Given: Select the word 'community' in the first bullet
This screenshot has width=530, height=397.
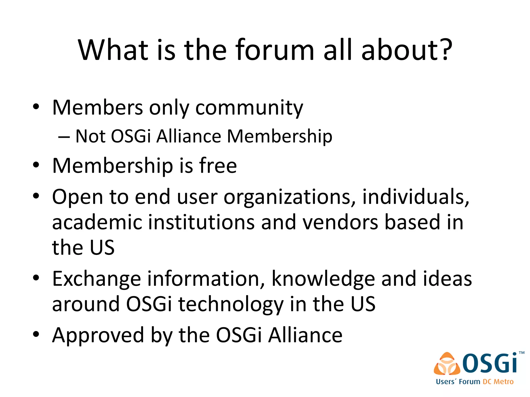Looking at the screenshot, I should point(249,108).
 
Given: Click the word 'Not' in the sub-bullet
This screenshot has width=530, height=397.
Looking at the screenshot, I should point(90,136).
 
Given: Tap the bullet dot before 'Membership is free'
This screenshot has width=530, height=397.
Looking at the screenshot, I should point(36,165).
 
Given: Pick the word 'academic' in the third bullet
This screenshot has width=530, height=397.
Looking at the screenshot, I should point(97,222).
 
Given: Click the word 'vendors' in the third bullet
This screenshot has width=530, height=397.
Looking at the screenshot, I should point(340,222).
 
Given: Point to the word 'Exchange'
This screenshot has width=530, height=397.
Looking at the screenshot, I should point(97,279).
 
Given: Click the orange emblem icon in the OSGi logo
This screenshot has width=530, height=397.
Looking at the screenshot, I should point(447,364).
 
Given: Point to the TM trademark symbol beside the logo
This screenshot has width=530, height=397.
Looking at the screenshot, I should point(521,353).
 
